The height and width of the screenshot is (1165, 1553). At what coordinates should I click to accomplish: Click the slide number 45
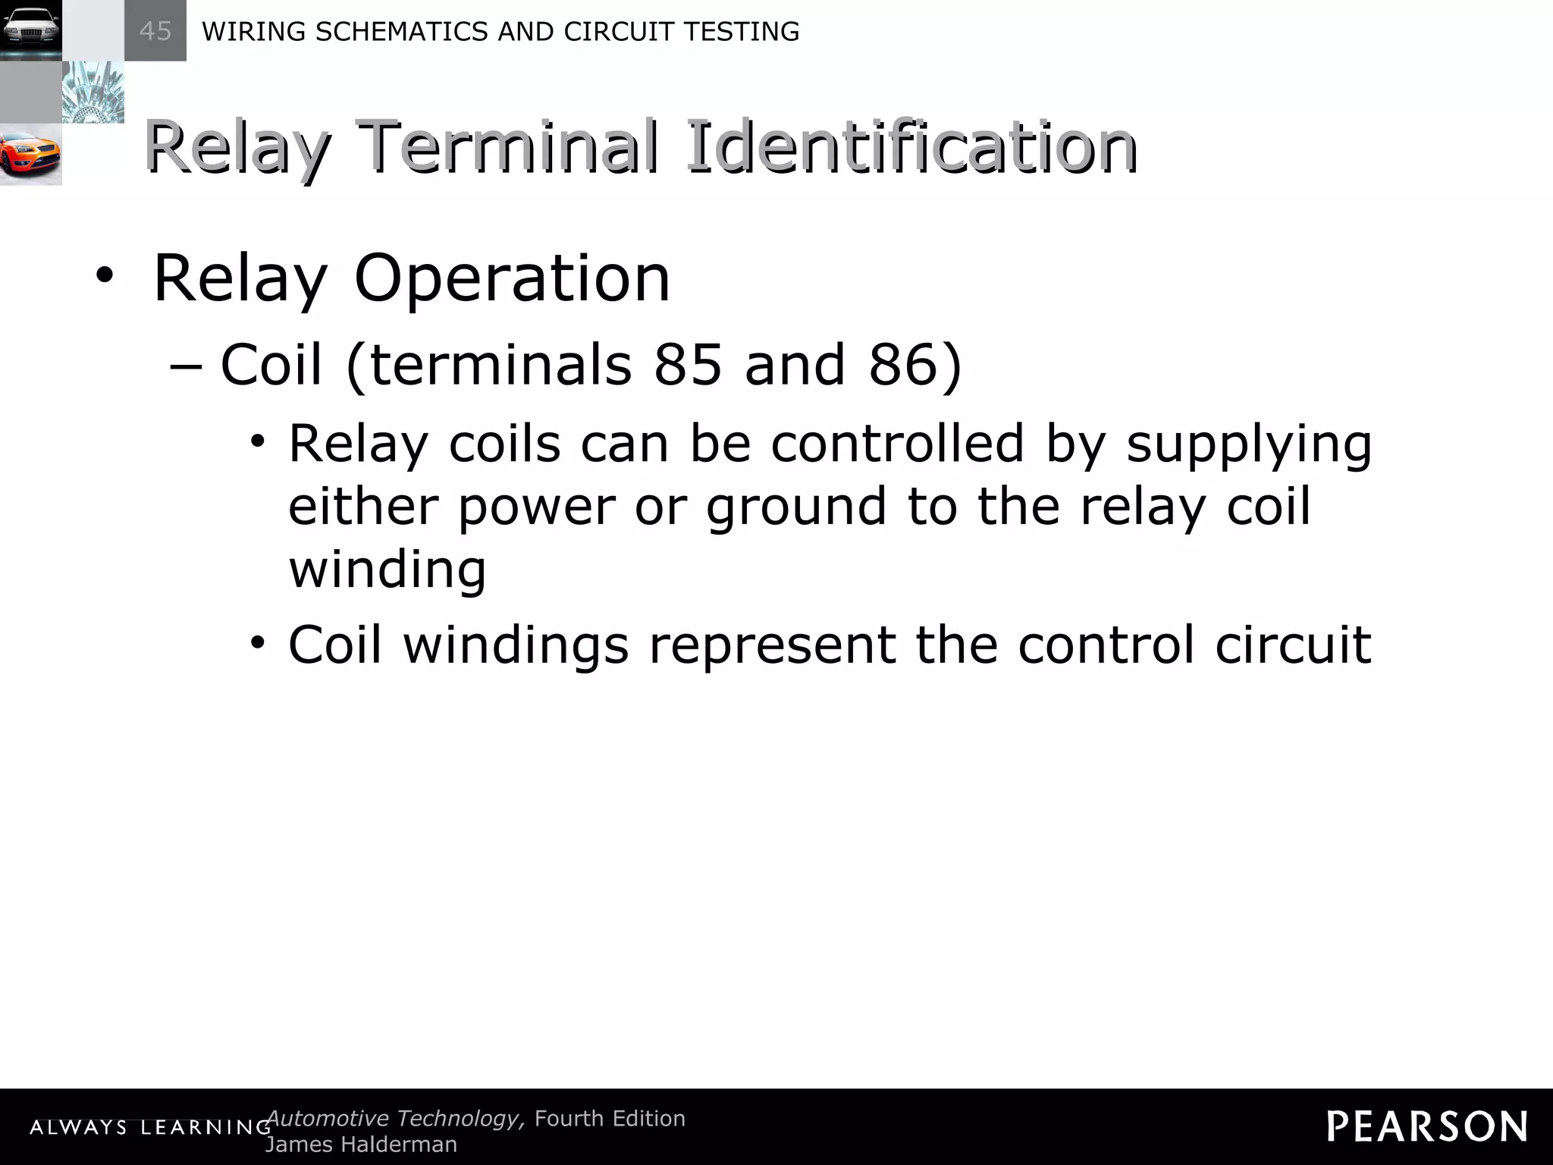(155, 31)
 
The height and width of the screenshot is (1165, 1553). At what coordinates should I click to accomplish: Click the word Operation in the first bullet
(512, 278)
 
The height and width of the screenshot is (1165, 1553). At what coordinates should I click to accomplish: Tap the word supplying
(1249, 445)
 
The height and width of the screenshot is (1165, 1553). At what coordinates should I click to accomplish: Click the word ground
(796, 508)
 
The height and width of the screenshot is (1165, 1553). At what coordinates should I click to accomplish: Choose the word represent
(772, 645)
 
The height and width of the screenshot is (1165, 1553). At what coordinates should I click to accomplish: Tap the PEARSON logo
(1427, 1126)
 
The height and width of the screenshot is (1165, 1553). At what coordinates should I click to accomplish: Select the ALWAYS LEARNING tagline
(150, 1128)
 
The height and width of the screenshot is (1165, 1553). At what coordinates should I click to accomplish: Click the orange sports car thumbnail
(30, 155)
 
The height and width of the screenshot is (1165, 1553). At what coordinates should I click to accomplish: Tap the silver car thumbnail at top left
(30, 30)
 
